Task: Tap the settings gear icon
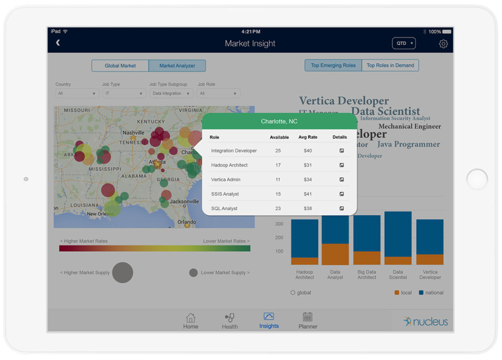[443, 44]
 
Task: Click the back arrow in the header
[58, 43]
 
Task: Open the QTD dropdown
[403, 44]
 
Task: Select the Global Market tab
[120, 66]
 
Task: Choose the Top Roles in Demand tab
[390, 66]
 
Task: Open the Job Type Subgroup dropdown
[171, 93]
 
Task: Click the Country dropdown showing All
[77, 93]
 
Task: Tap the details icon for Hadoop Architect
[342, 165]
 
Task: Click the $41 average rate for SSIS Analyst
[307, 194]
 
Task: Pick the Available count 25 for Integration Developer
[278, 151]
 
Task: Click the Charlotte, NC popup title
[279, 121]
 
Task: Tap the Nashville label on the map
[133, 133]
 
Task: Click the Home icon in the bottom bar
[191, 318]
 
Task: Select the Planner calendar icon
[307, 317]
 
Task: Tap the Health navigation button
[229, 318]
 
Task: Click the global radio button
[293, 293]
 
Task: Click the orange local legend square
[397, 293]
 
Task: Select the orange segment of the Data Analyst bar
[335, 254]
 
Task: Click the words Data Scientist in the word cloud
[385, 111]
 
